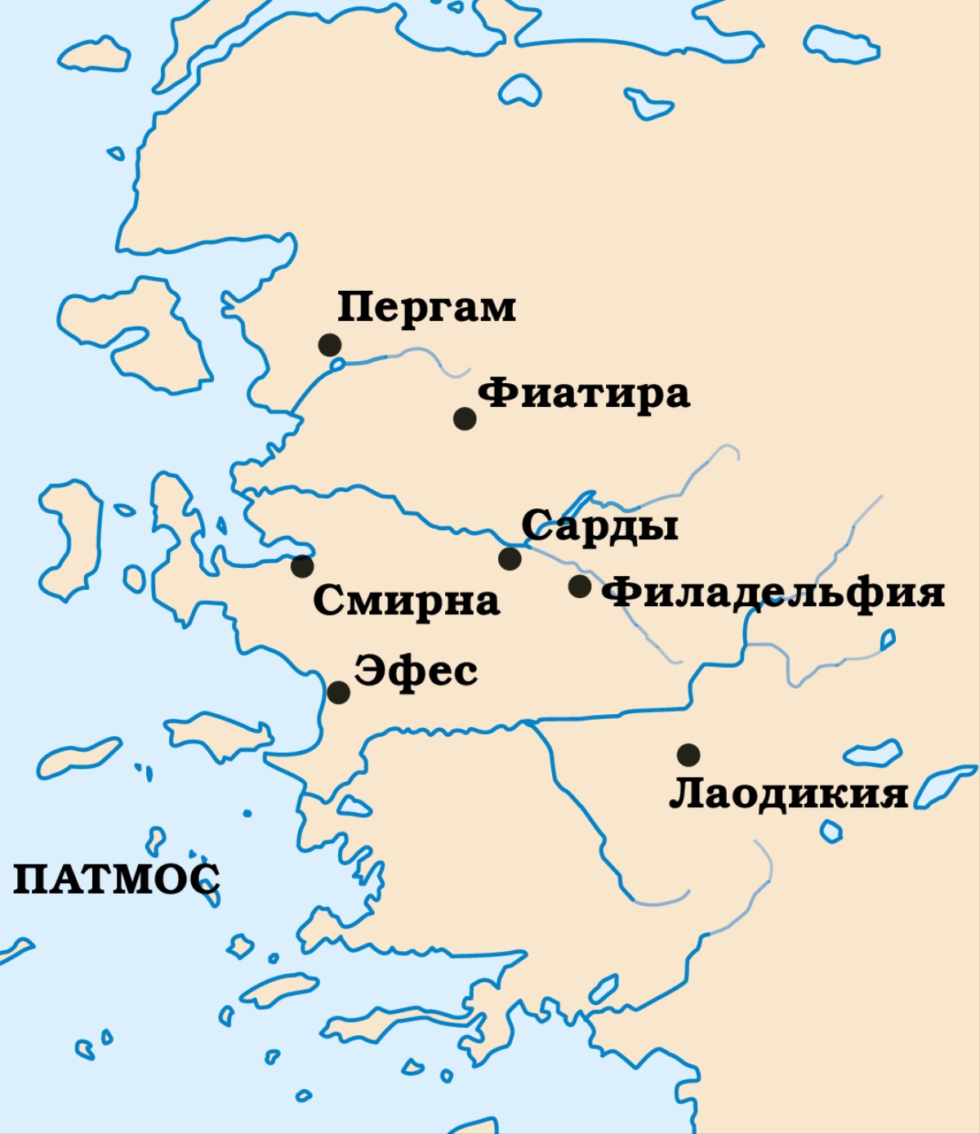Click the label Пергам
point(426,308)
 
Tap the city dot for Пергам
point(330,345)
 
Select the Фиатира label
point(583,394)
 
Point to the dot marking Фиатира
point(465,418)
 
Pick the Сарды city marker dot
point(510,559)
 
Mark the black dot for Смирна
point(302,565)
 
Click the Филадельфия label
point(773,592)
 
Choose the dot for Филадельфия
point(580,586)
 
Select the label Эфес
point(416,672)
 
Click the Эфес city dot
point(338,693)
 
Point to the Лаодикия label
point(788,793)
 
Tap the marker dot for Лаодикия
point(688,754)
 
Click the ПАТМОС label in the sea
point(116,879)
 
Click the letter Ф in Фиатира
point(494,394)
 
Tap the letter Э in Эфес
point(368,672)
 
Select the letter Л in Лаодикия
point(684,793)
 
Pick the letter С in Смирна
point(327,601)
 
